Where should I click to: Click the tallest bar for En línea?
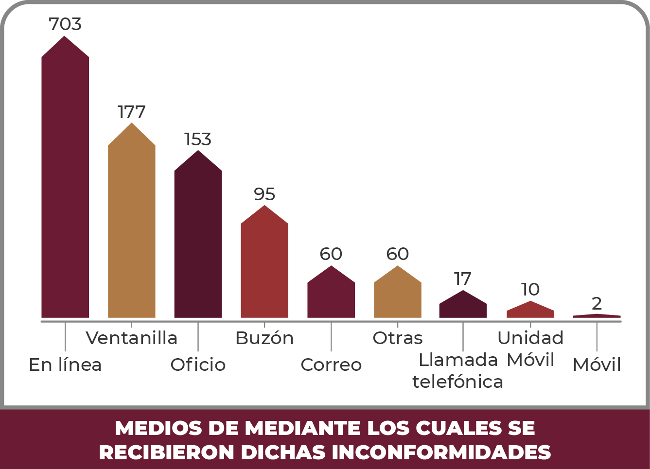pos(65,185)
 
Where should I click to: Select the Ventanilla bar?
pos(131,228)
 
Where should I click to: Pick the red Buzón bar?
pos(264,267)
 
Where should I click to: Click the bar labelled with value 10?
pos(530,311)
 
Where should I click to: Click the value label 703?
pos(65,24)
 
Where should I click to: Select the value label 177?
pos(131,112)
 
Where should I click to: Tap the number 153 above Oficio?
pos(198,139)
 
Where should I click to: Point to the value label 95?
pos(264,194)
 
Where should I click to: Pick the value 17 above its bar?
pos(463,279)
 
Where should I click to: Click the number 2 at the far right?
pos(597,304)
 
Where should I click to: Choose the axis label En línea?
pos(65,365)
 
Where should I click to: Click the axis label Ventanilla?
pos(131,338)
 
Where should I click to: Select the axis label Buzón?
pos(264,338)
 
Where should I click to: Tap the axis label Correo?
pos(331,365)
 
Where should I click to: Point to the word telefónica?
pos(457,382)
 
